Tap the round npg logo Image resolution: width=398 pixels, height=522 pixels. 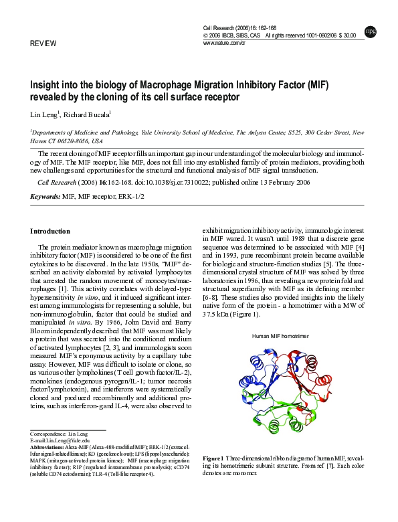370,31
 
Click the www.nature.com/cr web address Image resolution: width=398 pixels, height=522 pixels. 224,42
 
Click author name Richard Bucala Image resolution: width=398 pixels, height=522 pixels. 90,114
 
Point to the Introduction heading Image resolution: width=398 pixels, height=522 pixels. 50,231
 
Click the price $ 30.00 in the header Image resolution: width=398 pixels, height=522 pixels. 346,35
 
